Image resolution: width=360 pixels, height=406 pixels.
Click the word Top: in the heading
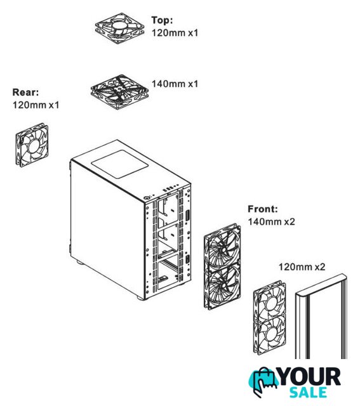(x=162, y=20)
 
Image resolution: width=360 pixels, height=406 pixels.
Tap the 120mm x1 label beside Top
(x=175, y=33)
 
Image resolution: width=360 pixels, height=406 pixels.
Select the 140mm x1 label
(x=175, y=84)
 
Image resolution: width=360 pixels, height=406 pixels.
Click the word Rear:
(x=25, y=92)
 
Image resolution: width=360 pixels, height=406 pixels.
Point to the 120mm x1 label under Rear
(x=36, y=105)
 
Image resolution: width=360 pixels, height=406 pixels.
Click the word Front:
(x=263, y=209)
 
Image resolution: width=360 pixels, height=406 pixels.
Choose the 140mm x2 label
(x=271, y=221)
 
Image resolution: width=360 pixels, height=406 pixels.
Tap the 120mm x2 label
(x=302, y=266)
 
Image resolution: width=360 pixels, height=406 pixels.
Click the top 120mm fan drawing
(x=119, y=28)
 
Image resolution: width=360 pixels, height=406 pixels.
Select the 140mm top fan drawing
(x=119, y=91)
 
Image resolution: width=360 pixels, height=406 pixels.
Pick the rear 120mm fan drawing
(x=32, y=145)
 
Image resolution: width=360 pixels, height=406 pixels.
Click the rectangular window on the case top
(x=119, y=164)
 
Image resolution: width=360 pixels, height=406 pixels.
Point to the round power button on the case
(x=147, y=198)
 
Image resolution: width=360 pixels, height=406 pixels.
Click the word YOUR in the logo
(x=309, y=377)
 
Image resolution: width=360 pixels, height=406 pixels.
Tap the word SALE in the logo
(x=308, y=392)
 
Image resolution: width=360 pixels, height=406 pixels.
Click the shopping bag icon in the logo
(x=263, y=380)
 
